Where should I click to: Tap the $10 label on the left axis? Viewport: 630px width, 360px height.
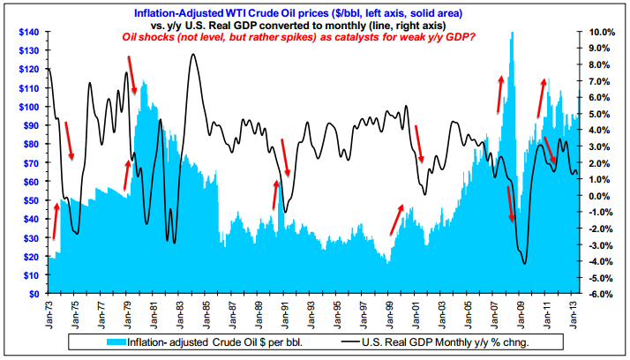pos(29,274)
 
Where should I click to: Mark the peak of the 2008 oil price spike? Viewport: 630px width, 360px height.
pos(512,34)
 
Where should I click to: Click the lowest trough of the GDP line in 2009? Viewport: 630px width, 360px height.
pos(525,263)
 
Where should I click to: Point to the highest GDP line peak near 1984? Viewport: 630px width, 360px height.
pos(192,55)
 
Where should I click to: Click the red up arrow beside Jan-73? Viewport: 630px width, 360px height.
pos(55,221)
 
